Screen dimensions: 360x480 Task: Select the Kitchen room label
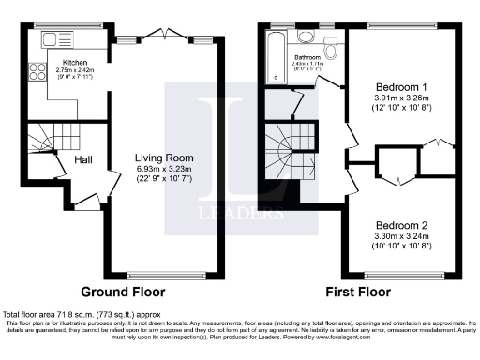click(75, 62)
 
